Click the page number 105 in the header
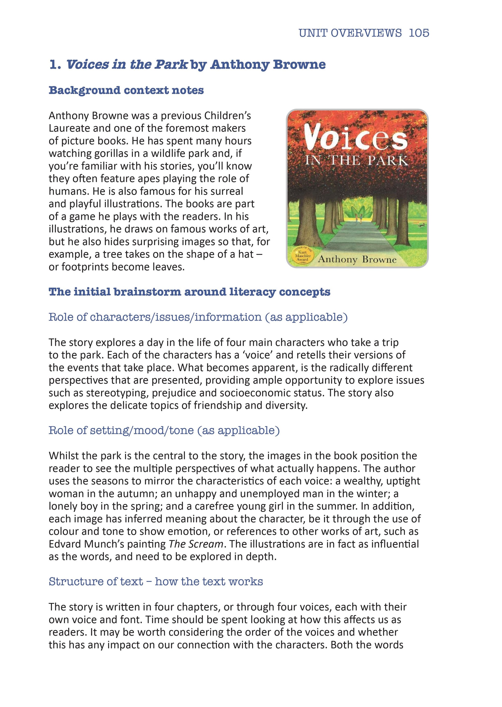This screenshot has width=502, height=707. click(x=419, y=33)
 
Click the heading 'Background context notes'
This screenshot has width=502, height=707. click(x=126, y=90)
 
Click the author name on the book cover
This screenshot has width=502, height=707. click(x=357, y=259)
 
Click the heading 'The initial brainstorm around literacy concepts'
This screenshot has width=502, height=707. click(x=189, y=292)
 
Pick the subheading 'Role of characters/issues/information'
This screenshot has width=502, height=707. click(x=198, y=317)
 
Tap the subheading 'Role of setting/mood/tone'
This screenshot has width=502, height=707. click(x=164, y=430)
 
